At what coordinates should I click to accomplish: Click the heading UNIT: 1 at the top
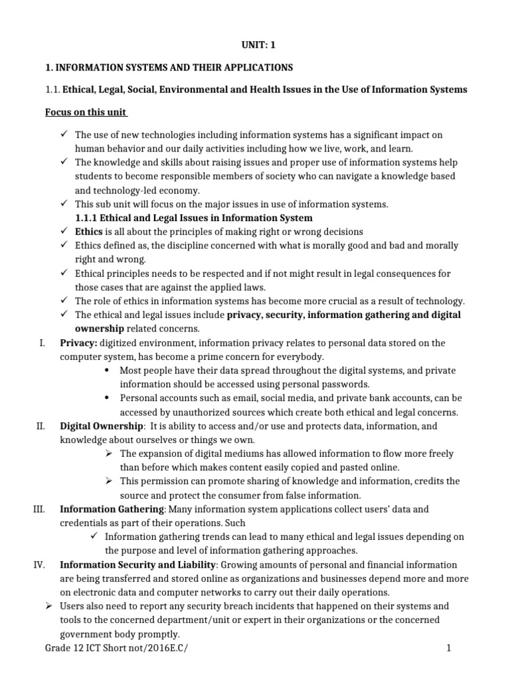[255, 46]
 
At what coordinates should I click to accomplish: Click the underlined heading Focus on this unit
[86, 112]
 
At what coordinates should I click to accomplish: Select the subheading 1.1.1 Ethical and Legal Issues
[193, 218]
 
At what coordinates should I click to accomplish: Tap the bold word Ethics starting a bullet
[89, 232]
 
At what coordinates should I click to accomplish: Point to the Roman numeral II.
[39, 426]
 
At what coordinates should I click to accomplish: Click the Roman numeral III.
[38, 509]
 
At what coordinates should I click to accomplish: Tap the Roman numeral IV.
[39, 564]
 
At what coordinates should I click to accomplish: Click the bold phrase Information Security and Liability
[138, 564]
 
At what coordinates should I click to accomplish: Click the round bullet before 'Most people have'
[108, 370]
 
